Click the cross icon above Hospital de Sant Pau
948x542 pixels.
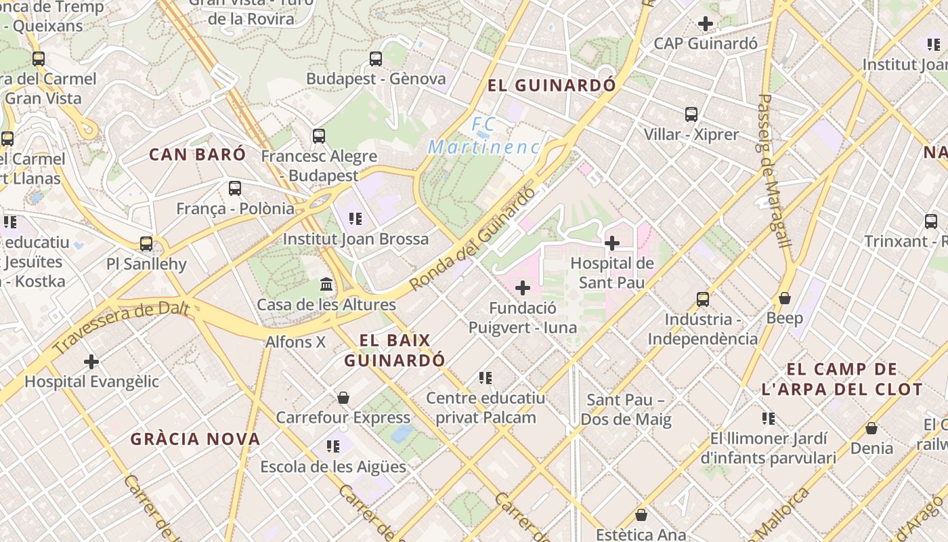click(612, 243)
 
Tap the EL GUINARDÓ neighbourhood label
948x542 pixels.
click(553, 85)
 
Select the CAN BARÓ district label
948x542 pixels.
click(198, 154)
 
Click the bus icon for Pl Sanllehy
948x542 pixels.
click(146, 243)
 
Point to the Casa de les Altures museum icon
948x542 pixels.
click(326, 284)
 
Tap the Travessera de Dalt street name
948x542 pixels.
click(122, 329)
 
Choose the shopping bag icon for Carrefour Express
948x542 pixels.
click(343, 397)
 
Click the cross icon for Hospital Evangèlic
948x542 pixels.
click(91, 362)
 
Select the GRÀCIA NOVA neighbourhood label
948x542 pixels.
click(196, 439)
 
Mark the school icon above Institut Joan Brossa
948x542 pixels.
click(355, 218)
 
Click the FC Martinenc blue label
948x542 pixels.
click(484, 136)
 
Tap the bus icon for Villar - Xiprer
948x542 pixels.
click(691, 114)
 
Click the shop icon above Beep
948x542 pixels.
click(785, 298)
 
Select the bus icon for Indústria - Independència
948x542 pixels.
click(703, 299)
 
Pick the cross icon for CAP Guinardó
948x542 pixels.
click(706, 24)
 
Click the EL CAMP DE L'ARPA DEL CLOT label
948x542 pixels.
click(842, 379)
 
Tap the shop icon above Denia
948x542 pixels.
click(871, 428)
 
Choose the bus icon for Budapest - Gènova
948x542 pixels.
click(376, 59)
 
